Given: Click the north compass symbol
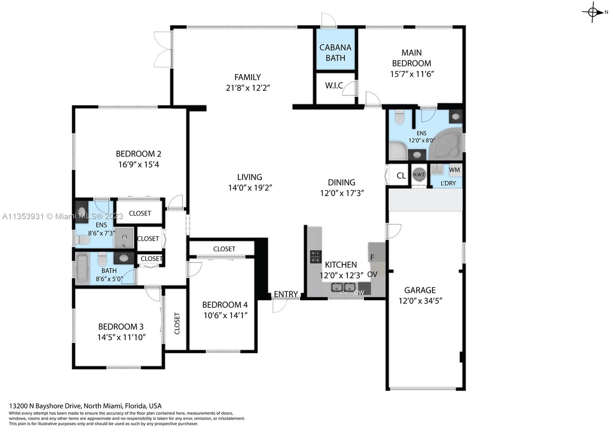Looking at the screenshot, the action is coord(593,12).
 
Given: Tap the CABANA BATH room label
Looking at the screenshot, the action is coord(335,52).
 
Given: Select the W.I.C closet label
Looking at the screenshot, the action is coord(334,85).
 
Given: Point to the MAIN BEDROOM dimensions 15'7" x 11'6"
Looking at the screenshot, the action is coord(412,74).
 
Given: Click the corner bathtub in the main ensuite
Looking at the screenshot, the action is coord(445,144).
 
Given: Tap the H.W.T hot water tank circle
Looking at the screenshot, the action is coord(419,175).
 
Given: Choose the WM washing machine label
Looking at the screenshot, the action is coord(454,170).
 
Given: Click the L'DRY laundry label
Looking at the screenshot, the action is coord(448,183).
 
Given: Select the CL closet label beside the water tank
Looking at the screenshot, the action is coord(401,175).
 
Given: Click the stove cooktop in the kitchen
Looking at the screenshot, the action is coord(316,257).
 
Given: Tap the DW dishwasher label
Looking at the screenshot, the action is coord(359,293).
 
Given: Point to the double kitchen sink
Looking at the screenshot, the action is coord(343,287).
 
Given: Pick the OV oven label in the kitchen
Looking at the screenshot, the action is coord(372,274).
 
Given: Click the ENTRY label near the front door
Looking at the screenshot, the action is coord(286,294).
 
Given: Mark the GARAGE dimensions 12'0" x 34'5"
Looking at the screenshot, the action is coord(420,301).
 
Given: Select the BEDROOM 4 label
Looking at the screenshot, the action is coord(225,305).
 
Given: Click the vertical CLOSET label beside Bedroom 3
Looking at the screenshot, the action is coord(177,323).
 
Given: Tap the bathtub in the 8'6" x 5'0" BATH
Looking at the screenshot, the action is coord(82,268).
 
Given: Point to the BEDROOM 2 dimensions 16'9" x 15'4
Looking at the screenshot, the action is coord(138,164).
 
